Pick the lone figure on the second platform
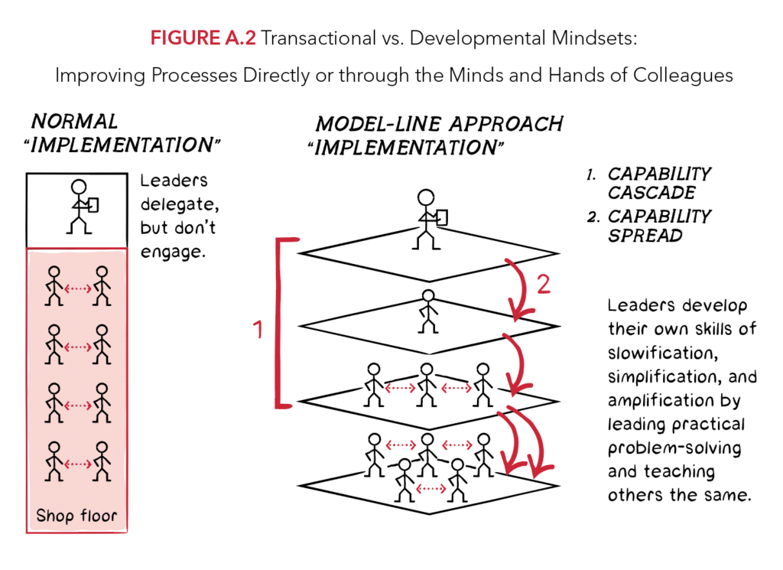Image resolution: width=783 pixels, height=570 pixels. pos(427,311)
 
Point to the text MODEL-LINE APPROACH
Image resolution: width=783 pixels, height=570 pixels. pos(439,123)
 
